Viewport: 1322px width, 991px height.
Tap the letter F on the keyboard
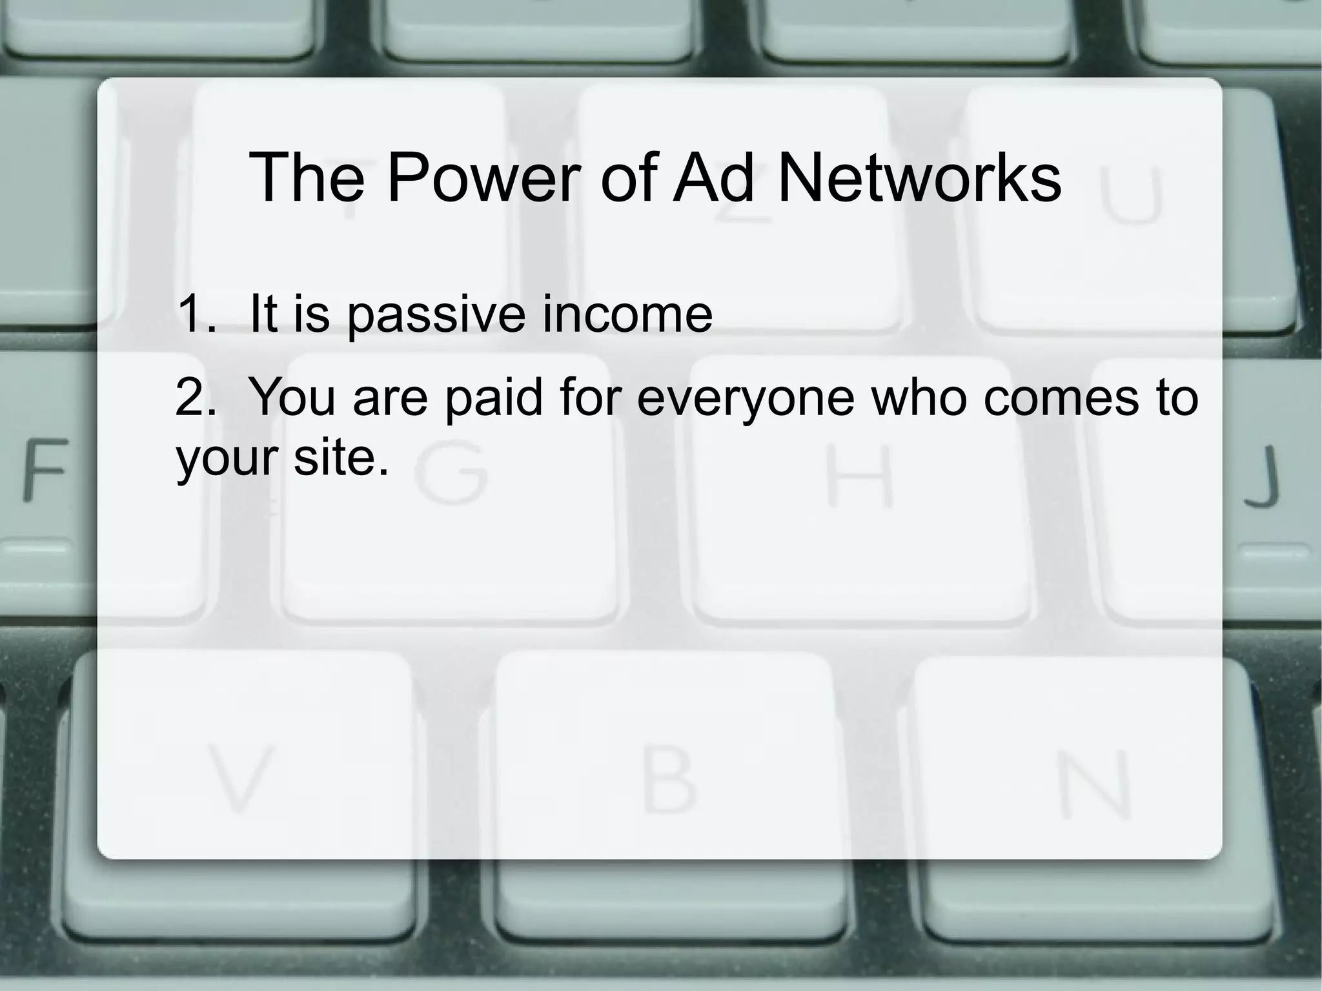[45, 469]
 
